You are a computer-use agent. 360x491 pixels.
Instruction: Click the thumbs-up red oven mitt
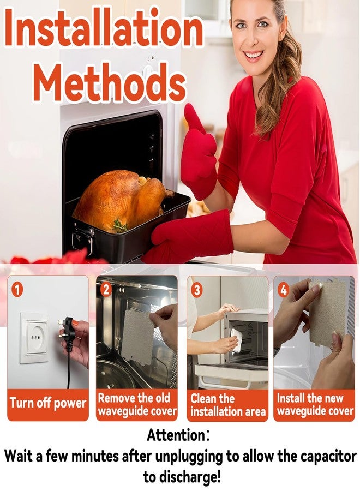tap(199, 152)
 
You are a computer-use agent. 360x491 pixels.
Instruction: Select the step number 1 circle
tap(17, 290)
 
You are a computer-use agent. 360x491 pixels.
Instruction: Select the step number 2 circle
tap(106, 289)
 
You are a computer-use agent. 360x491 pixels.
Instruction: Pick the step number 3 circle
tap(196, 290)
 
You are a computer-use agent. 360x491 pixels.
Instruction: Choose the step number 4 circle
tap(284, 290)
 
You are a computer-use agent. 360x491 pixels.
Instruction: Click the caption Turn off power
tap(48, 403)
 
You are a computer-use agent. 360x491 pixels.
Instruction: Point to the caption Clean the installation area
tap(228, 405)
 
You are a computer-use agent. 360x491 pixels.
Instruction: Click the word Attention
tap(176, 435)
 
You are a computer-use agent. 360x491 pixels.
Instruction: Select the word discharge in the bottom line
tap(188, 477)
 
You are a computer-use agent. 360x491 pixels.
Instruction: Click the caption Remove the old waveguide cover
tap(137, 404)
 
